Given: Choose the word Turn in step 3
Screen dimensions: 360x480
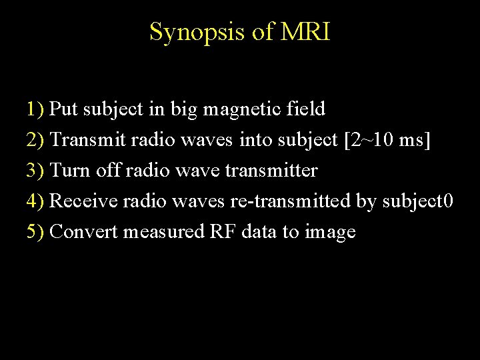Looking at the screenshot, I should (x=67, y=170).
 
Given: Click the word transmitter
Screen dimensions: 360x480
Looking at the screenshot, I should (x=272, y=170).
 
